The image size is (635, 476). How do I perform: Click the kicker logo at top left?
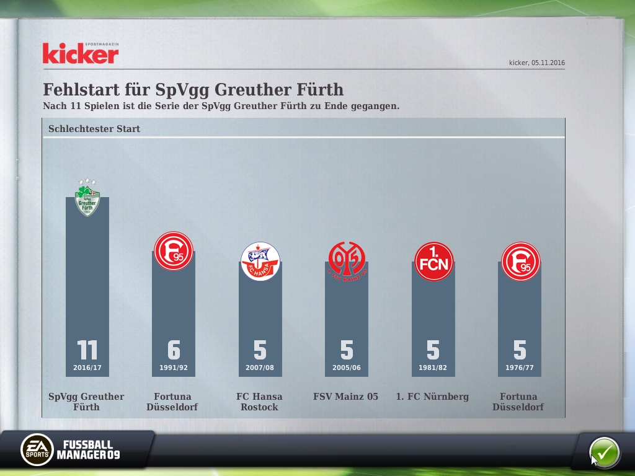[80, 54]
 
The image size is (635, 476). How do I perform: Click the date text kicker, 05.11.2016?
[537, 63]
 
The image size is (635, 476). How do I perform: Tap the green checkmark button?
[604, 452]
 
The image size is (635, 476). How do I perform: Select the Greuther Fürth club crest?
[87, 198]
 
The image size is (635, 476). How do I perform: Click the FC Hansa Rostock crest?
[260, 261]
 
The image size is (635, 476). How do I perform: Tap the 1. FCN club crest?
[433, 261]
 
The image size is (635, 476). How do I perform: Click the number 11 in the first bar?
[87, 351]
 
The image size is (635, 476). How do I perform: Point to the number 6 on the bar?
[174, 351]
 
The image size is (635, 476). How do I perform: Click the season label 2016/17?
[87, 368]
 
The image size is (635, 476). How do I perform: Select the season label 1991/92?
[174, 368]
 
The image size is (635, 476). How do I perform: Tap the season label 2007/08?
[260, 368]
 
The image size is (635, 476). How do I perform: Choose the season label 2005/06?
[347, 368]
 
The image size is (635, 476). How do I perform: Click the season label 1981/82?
[433, 368]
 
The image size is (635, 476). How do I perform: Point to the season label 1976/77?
[520, 368]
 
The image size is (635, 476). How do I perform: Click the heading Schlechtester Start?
[94, 129]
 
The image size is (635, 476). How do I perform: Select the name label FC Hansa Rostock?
[260, 402]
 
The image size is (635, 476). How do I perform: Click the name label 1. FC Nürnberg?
[432, 397]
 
